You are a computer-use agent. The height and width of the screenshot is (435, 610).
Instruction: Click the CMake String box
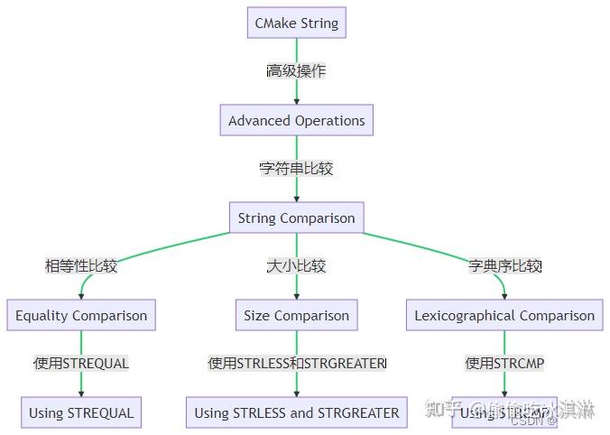coord(296,23)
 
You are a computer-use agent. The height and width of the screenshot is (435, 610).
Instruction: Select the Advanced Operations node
coord(296,120)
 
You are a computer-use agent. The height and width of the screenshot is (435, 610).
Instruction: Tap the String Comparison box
coord(296,217)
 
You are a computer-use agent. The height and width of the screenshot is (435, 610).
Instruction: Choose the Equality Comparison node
coord(81,315)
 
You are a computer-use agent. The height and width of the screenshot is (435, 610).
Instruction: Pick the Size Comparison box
coord(296,315)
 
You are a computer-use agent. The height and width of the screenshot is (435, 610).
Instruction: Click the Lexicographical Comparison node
coord(504,315)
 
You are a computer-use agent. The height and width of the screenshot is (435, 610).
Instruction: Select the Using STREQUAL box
coord(81,412)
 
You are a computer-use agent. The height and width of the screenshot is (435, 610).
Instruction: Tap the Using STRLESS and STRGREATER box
coord(296,412)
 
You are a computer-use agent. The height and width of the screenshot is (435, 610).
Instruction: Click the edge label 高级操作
coord(296,71)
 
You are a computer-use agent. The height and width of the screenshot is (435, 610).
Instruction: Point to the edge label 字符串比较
coord(296,169)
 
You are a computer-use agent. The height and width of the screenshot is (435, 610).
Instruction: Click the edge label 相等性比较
coord(81,266)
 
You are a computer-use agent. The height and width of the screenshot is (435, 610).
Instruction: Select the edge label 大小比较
coord(296,266)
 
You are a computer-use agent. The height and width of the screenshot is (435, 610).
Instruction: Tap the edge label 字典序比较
coord(504,266)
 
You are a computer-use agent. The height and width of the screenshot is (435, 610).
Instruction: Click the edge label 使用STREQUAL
coord(81,364)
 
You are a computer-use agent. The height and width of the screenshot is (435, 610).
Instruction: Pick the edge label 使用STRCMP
coord(504,364)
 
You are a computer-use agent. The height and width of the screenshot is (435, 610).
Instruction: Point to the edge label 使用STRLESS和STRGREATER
coord(296,364)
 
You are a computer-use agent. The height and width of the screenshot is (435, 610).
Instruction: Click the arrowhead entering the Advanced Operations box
coord(296,101)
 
